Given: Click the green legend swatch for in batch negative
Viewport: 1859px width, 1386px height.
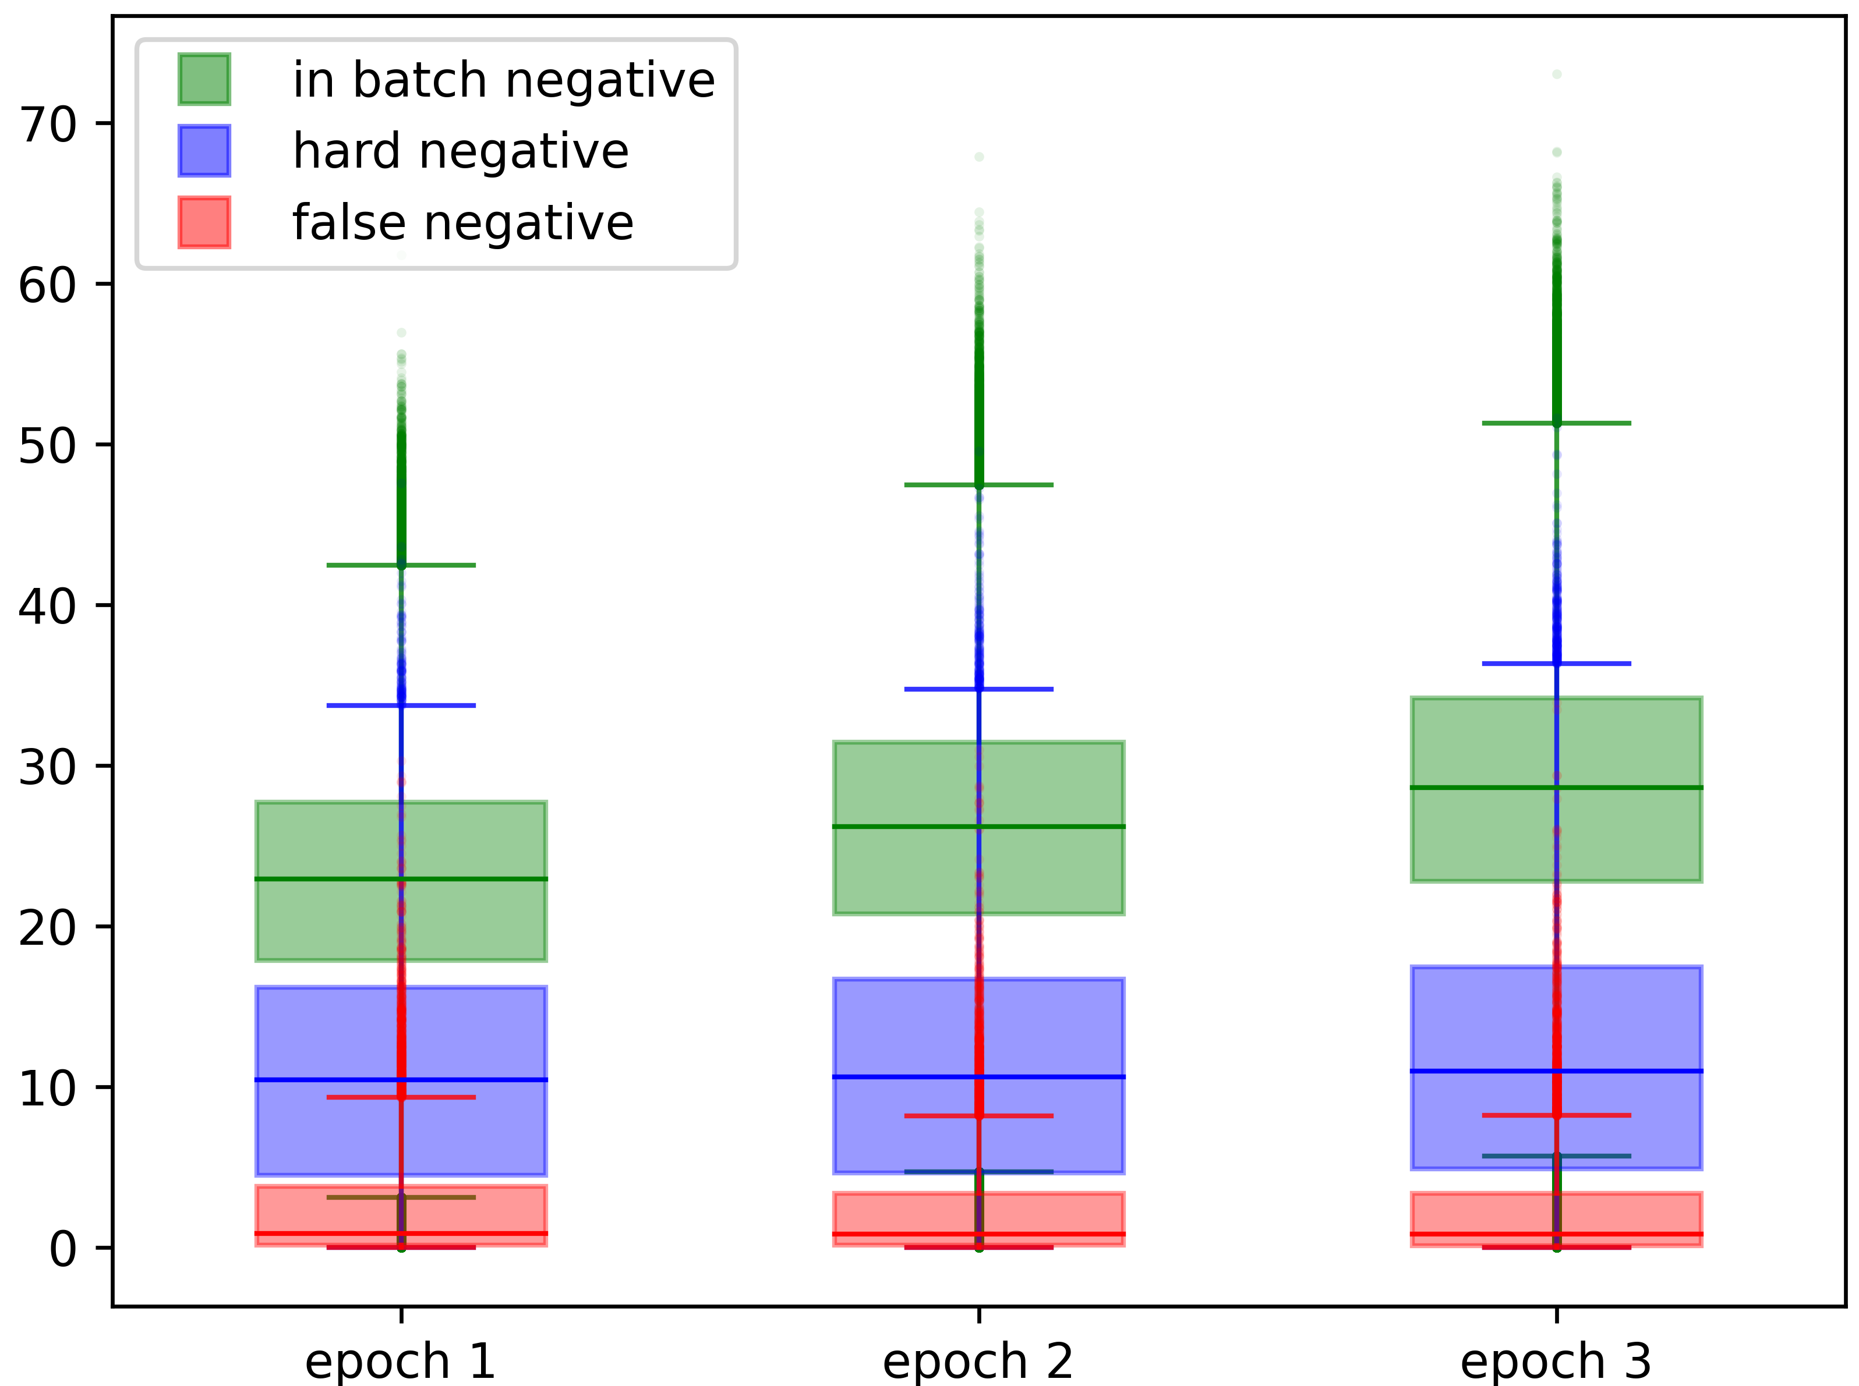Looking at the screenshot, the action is coord(204,80).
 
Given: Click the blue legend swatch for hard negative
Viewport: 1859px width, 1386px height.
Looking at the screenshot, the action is coord(204,151).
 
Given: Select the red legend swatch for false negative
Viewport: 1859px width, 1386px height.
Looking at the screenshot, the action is coord(204,222).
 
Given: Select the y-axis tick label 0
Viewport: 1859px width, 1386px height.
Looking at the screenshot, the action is coord(63,1249).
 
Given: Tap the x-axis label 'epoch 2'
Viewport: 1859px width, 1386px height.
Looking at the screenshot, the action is coord(978,1361).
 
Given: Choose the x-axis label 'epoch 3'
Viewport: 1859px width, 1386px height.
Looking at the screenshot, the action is coord(1556,1361).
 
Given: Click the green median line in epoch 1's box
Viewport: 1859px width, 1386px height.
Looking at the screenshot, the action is coord(401,879).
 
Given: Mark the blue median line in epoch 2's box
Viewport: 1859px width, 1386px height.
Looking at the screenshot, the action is coord(978,1076).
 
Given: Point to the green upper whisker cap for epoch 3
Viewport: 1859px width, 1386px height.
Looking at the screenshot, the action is coord(1557,423).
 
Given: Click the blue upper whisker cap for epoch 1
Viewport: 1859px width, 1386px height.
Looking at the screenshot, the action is coord(401,706).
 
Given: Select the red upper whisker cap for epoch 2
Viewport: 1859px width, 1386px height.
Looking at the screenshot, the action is coord(978,1116).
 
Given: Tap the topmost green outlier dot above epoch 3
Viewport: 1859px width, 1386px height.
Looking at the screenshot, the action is coord(1557,75).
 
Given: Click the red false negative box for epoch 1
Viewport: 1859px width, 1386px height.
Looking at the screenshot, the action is coord(401,1215).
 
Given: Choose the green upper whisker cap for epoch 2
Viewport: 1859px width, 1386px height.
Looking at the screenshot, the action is coord(978,485).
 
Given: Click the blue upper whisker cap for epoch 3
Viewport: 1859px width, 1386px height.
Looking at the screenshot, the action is coord(1557,664).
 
